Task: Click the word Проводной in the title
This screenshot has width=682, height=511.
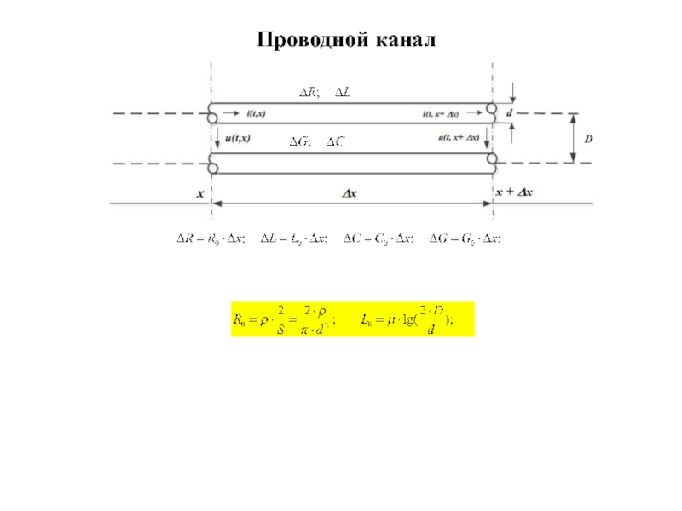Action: (x=310, y=40)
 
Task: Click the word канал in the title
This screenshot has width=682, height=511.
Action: (x=403, y=40)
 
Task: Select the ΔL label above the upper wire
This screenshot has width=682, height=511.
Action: (x=343, y=91)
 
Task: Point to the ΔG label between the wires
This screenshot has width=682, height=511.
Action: (x=298, y=142)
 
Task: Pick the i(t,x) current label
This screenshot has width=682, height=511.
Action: (x=255, y=112)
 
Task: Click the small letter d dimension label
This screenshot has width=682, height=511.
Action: (x=510, y=112)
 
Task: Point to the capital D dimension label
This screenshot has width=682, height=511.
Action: (x=589, y=136)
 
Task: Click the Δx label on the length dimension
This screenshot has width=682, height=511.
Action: (x=350, y=193)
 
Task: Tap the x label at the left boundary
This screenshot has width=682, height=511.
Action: (x=201, y=193)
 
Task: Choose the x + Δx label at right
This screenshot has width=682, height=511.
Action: (x=514, y=193)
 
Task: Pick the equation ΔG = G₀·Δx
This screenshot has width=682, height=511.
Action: (x=465, y=239)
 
